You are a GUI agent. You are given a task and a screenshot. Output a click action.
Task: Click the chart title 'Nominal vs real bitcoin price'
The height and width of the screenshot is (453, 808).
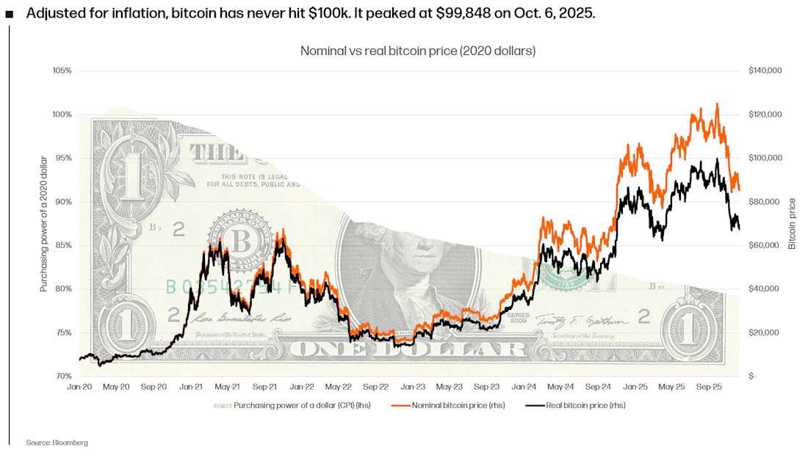(417, 51)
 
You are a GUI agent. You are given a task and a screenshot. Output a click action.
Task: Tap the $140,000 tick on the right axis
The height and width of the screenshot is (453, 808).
(765, 70)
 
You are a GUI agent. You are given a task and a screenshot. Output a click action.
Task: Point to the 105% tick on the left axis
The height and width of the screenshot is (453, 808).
(62, 70)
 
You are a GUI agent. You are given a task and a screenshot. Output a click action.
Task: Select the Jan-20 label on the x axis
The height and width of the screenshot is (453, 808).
(79, 386)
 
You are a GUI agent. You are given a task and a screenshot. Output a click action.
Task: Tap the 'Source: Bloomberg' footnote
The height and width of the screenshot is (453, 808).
(57, 443)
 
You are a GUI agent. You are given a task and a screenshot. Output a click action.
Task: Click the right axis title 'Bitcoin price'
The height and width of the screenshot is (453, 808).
(792, 223)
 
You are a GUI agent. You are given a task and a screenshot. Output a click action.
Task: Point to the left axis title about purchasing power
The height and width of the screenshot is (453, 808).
(43, 223)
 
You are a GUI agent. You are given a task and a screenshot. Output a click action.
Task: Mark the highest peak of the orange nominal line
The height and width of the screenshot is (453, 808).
(717, 104)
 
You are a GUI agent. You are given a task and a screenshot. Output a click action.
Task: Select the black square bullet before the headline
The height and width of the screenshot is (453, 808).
(10, 14)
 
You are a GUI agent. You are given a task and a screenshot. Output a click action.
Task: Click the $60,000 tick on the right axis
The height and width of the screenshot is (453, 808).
(765, 245)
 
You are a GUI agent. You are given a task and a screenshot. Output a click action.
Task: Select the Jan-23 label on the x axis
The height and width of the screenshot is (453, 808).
(413, 386)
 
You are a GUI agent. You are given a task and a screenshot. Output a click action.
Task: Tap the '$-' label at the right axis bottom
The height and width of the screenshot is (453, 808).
(752, 376)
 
